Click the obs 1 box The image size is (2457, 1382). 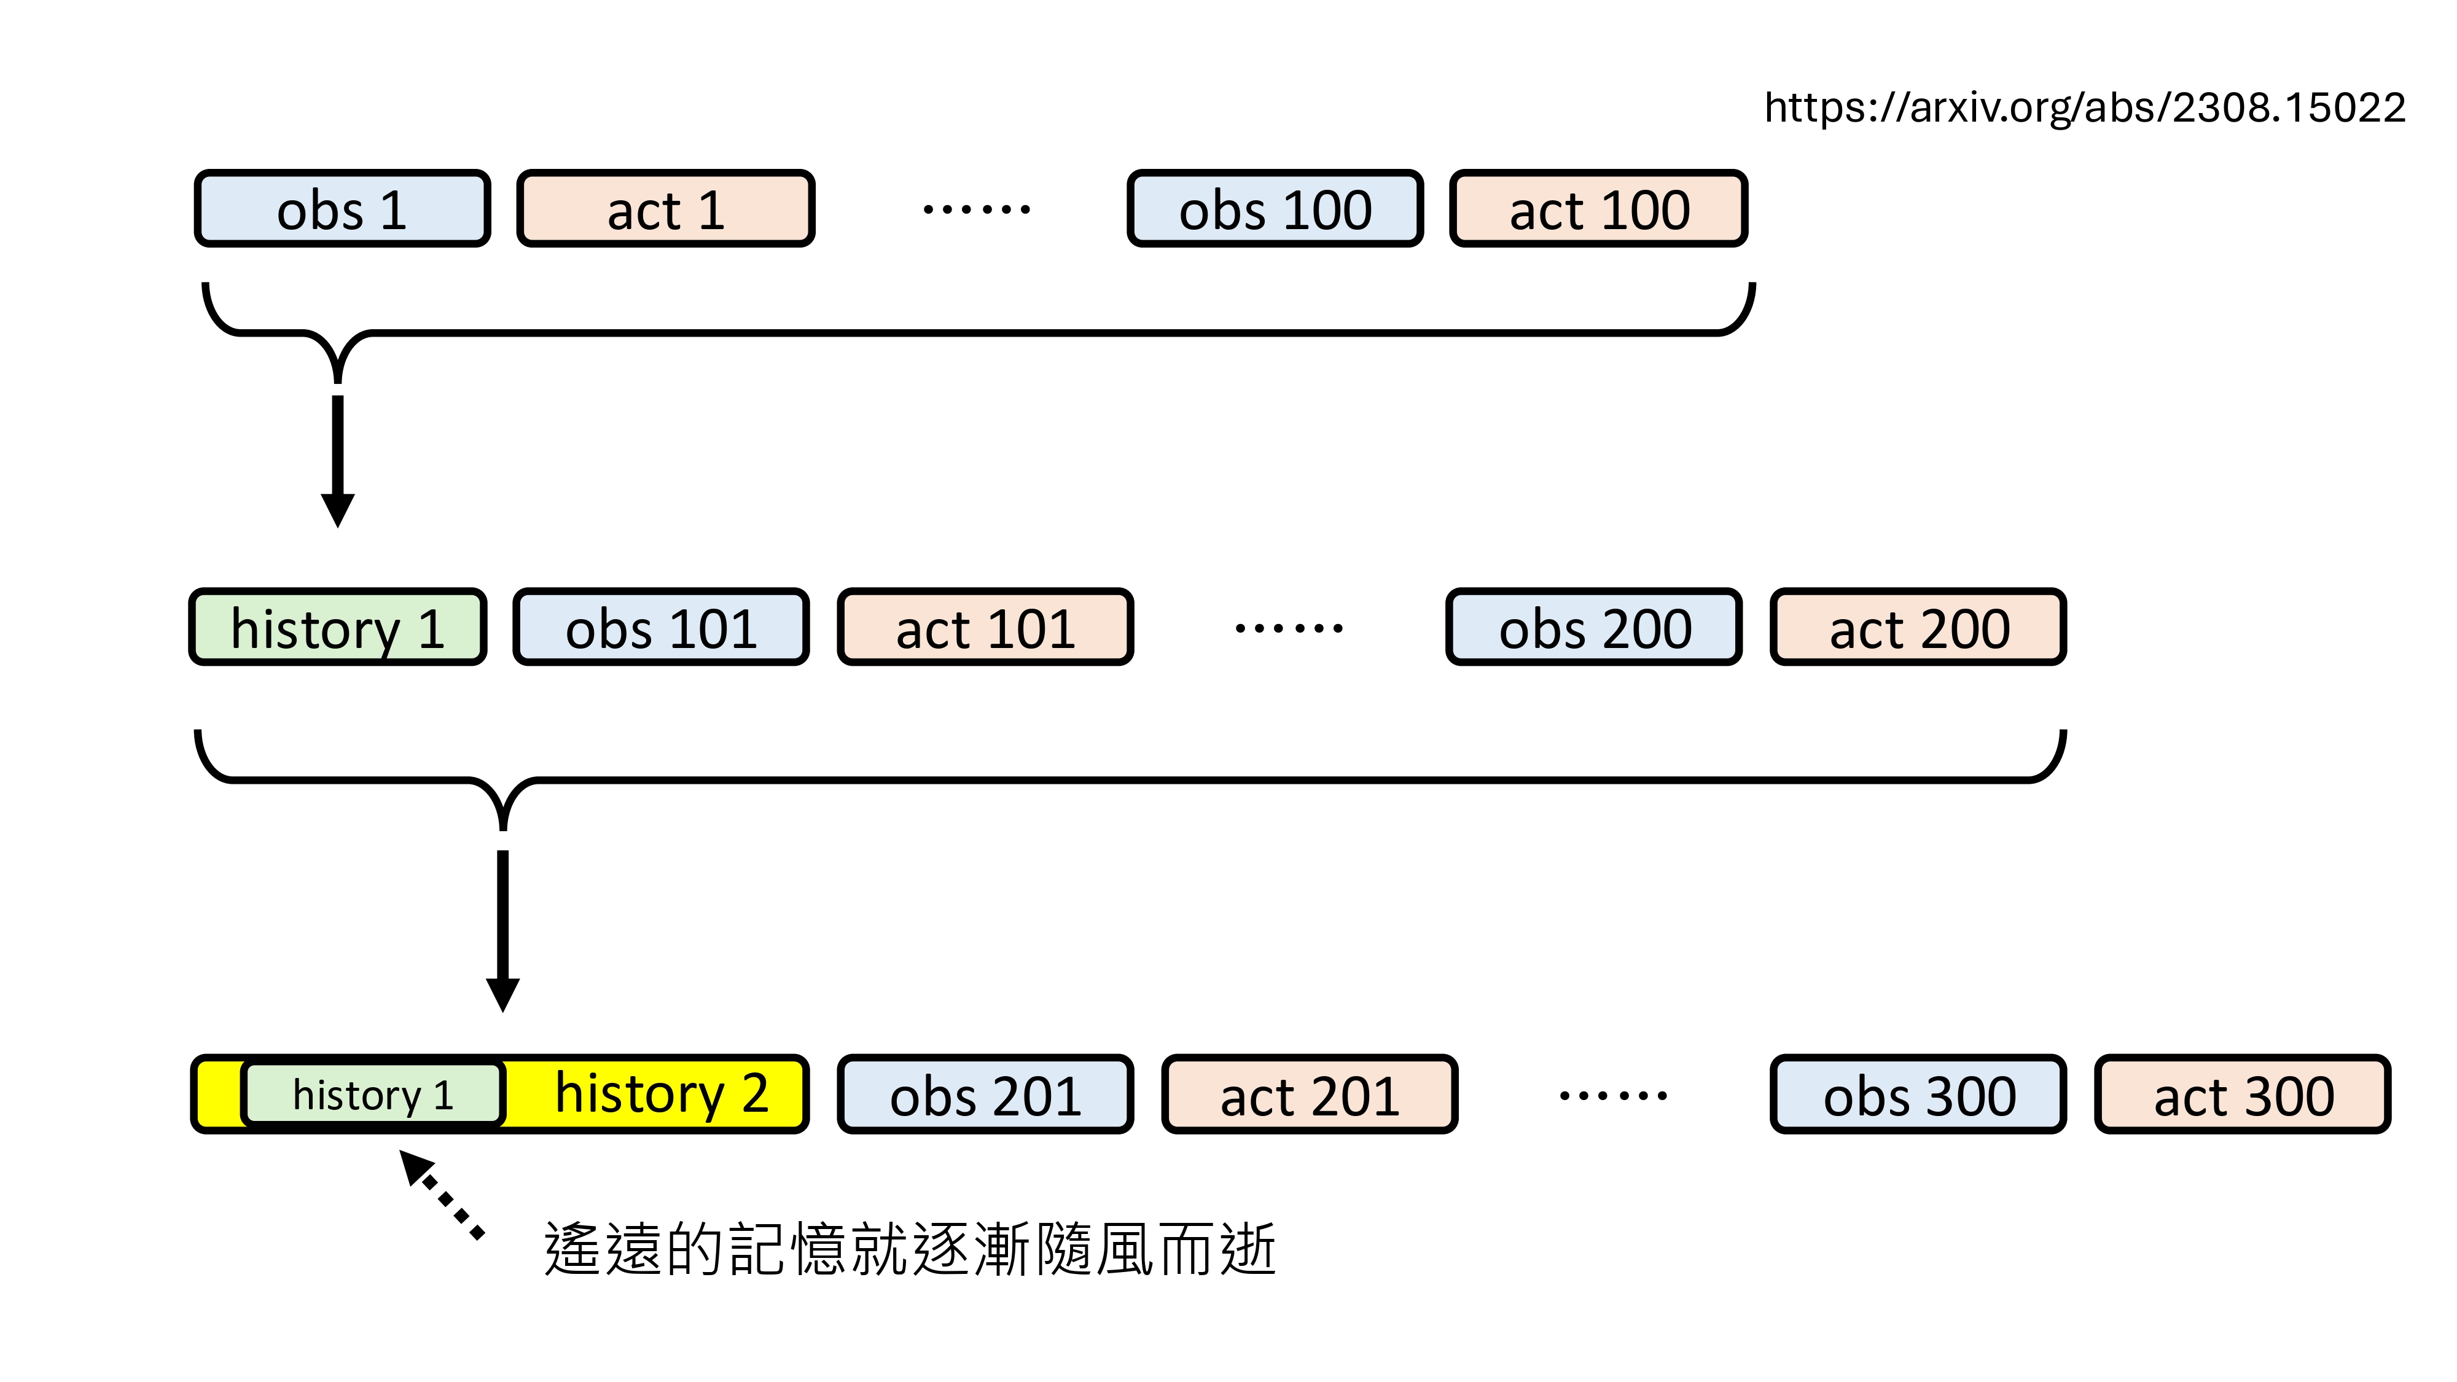pos(342,209)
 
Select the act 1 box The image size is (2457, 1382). pos(666,209)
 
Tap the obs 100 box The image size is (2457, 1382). pos(1275,209)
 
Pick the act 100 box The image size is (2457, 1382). pos(1598,209)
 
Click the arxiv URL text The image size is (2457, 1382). pos(2084,107)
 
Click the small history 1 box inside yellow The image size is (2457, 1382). pos(373,1094)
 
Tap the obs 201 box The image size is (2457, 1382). pos(985,1094)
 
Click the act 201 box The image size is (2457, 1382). pos(1310,1094)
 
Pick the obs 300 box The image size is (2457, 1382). pos(1918,1094)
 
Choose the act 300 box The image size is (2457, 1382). pos(2243,1094)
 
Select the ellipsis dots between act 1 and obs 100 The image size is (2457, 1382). pos(976,209)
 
